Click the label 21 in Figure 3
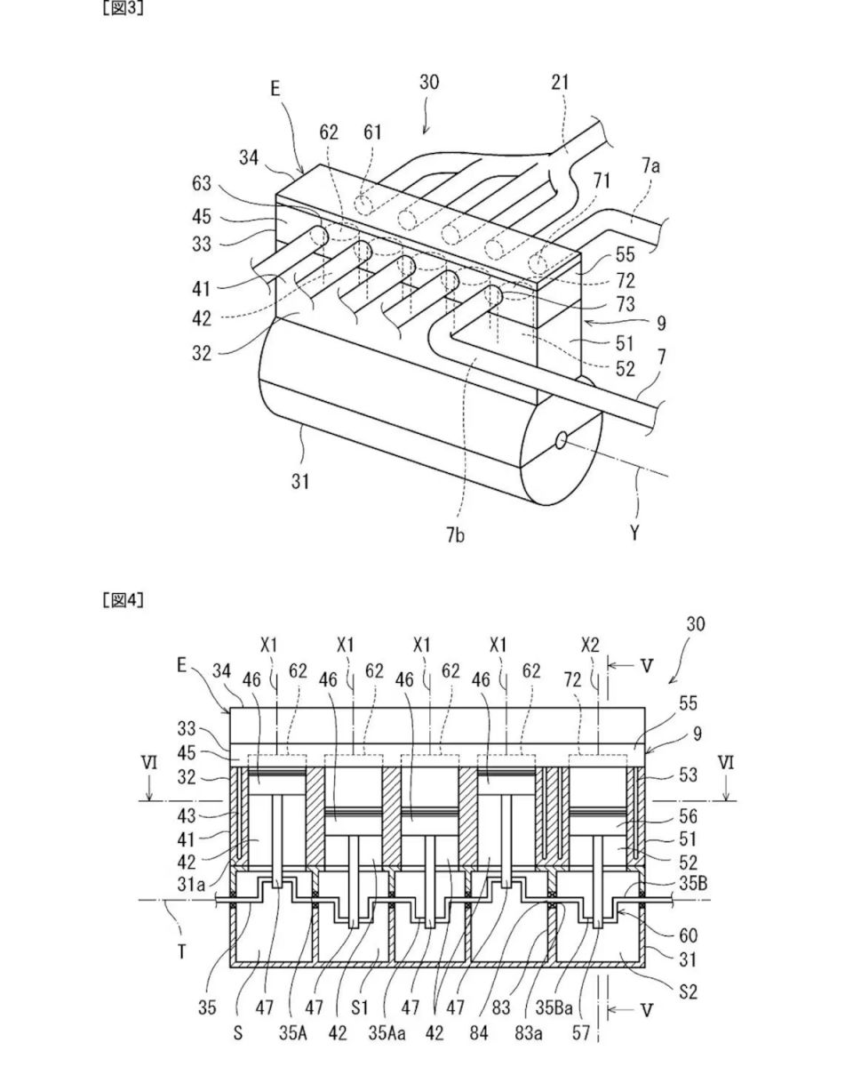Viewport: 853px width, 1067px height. pyautogui.click(x=560, y=84)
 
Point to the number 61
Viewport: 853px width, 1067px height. pyautogui.click(x=372, y=132)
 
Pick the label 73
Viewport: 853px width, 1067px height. pyautogui.click(x=625, y=304)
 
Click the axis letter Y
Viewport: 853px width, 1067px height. pyautogui.click(x=635, y=533)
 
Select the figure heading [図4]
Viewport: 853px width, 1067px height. pyautogui.click(x=124, y=600)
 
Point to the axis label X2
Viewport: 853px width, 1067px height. pyautogui.click(x=590, y=644)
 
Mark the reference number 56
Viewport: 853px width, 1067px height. pyautogui.click(x=688, y=816)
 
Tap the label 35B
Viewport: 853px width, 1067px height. pyautogui.click(x=692, y=884)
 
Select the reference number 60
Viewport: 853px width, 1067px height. pyautogui.click(x=688, y=935)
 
